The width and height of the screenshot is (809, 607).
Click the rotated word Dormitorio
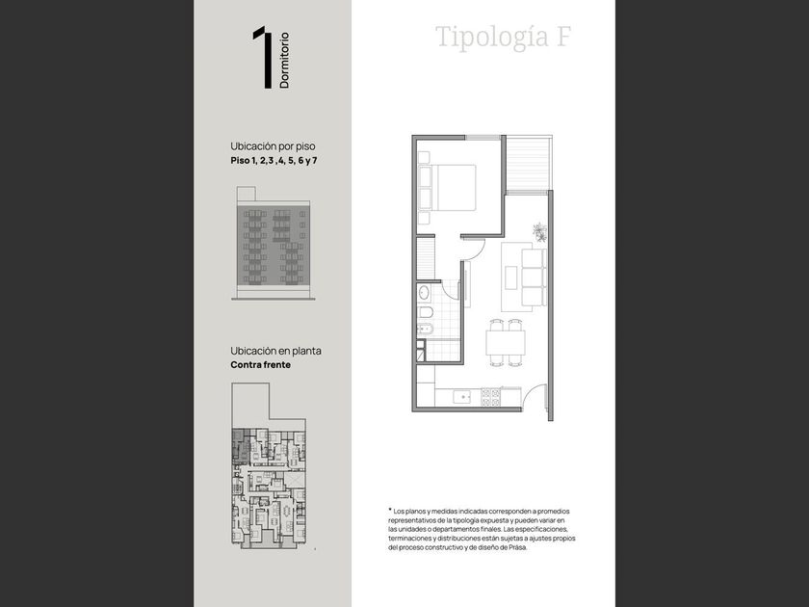click(x=284, y=61)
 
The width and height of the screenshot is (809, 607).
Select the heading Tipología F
click(x=504, y=38)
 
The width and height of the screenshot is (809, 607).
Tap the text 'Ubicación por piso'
click(x=273, y=146)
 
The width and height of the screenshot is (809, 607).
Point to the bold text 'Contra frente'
click(x=261, y=365)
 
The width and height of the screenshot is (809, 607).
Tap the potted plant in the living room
click(x=539, y=232)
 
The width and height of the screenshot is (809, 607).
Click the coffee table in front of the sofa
click(x=510, y=278)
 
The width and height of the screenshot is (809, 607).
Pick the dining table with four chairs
click(x=506, y=343)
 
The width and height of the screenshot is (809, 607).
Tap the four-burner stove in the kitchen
click(x=490, y=397)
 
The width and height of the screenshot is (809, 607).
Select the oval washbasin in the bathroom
click(x=424, y=293)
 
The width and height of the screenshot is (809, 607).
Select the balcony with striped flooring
click(x=528, y=163)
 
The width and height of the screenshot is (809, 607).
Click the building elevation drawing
click(x=273, y=244)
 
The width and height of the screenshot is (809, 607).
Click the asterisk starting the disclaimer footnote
click(x=390, y=510)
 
